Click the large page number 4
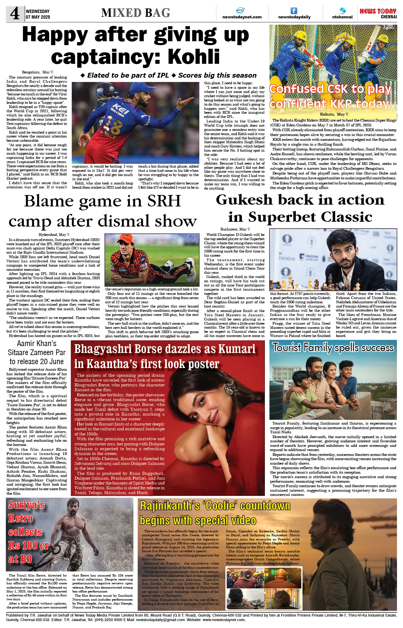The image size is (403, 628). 14,14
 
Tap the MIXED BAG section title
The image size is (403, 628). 136,13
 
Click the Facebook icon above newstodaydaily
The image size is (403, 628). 294,11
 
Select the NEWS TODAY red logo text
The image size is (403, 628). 378,11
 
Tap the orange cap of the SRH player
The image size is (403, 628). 126,239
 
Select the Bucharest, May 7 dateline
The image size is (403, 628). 235,229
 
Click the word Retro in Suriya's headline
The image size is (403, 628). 20,518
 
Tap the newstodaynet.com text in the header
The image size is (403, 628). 242,17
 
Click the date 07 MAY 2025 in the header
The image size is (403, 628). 38,17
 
